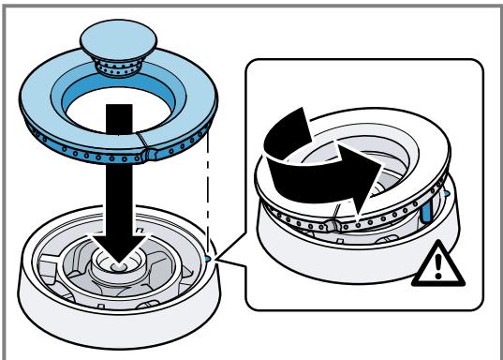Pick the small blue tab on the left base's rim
[206, 255]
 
